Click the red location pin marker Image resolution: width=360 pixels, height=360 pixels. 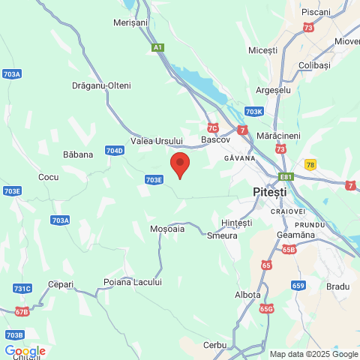click(x=180, y=163)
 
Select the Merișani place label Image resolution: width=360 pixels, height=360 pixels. click(x=130, y=23)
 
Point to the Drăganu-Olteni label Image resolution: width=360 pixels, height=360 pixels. click(x=101, y=85)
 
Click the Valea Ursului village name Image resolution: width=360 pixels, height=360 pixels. click(x=157, y=140)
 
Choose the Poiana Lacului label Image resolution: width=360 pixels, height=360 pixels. click(x=132, y=282)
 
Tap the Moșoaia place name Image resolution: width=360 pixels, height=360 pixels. click(x=167, y=229)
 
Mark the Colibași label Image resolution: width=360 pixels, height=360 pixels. click(x=314, y=66)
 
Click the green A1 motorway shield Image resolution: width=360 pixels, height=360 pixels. click(x=157, y=47)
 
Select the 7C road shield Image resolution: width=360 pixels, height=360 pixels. click(x=213, y=127)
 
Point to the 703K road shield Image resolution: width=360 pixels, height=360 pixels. click(x=254, y=112)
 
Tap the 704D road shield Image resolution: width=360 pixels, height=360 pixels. click(x=115, y=150)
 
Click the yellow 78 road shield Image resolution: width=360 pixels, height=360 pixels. click(x=310, y=164)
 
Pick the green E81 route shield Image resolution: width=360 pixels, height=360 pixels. click(x=286, y=177)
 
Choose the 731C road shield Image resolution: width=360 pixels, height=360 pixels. click(x=22, y=289)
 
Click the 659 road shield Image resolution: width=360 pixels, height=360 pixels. click(x=298, y=285)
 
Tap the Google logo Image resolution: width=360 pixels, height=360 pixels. click(x=25, y=351)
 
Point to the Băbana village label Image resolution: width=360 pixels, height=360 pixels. click(x=78, y=154)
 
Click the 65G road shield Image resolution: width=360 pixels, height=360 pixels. click(x=267, y=308)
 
